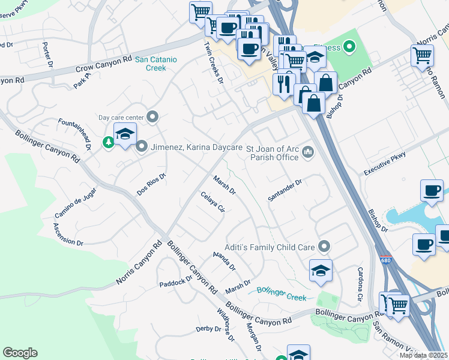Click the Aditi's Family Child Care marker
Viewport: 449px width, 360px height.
[x=324, y=246]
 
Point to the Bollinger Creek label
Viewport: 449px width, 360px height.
[x=281, y=293]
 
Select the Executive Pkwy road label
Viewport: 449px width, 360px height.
[x=384, y=164]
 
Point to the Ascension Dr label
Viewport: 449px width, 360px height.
[x=68, y=234]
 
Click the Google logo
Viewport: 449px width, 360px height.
[x=20, y=353]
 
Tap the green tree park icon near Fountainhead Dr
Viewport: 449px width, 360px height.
[x=108, y=142]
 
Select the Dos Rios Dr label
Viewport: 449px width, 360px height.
[x=151, y=184]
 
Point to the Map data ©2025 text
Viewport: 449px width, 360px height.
[x=423, y=355]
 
